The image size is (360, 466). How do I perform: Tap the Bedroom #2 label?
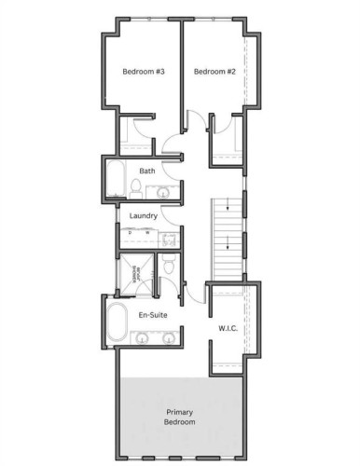(x=214, y=72)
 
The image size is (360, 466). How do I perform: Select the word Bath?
(x=147, y=171)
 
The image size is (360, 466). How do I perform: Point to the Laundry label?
(x=143, y=216)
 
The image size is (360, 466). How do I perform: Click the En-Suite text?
(x=151, y=316)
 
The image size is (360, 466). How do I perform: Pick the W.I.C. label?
(x=229, y=329)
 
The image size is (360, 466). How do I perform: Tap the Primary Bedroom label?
(x=181, y=417)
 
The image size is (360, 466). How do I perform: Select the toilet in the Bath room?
(x=136, y=191)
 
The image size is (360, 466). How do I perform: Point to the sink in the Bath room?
(x=159, y=193)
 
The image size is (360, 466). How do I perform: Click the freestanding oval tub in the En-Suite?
(x=118, y=322)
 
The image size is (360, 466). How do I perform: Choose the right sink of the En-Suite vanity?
(x=168, y=336)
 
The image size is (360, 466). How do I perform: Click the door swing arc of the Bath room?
(x=171, y=148)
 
